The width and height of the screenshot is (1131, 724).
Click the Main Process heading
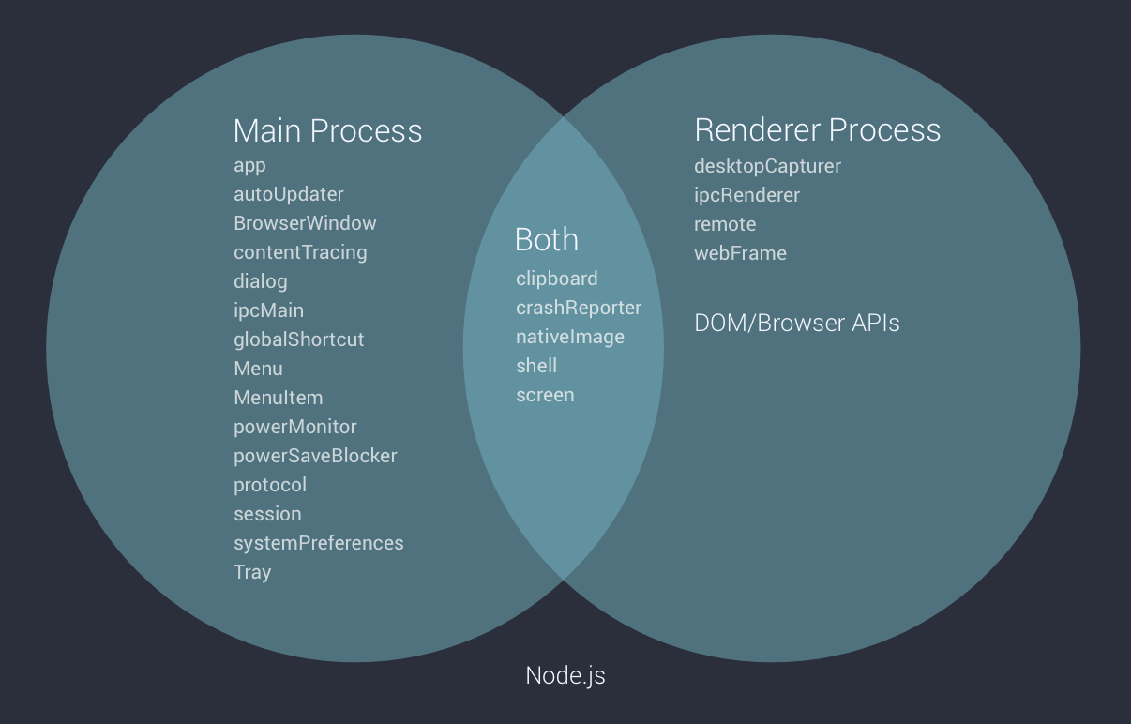pyautogui.click(x=327, y=130)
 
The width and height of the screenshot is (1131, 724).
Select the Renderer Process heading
pyautogui.click(x=817, y=129)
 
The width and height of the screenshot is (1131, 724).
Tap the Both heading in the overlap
pyautogui.click(x=547, y=240)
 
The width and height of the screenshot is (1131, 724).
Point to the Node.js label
pyautogui.click(x=565, y=675)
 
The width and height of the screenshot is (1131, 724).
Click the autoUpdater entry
pyautogui.click(x=289, y=194)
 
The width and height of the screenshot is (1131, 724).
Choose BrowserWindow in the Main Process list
pyautogui.click(x=305, y=223)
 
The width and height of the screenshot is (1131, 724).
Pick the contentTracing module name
pyautogui.click(x=300, y=252)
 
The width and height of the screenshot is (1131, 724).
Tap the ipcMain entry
pyautogui.click(x=268, y=310)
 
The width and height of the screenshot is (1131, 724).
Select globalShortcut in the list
pyautogui.click(x=298, y=339)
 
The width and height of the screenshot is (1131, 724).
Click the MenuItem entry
pyautogui.click(x=278, y=398)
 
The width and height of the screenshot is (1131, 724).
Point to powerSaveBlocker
pyautogui.click(x=315, y=456)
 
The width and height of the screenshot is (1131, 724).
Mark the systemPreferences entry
pyautogui.click(x=318, y=543)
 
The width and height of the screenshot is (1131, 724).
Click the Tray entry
pyautogui.click(x=252, y=572)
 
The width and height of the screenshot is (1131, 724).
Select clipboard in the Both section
pyautogui.click(x=556, y=279)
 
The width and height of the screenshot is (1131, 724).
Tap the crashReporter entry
pyautogui.click(x=579, y=308)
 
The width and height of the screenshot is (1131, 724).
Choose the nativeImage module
pyautogui.click(x=569, y=337)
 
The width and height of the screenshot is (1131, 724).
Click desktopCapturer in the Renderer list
pyautogui.click(x=767, y=166)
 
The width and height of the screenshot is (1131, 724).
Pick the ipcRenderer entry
pyautogui.click(x=746, y=195)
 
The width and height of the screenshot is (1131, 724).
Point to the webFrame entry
pyautogui.click(x=740, y=253)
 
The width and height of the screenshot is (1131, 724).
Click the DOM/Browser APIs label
pyautogui.click(x=796, y=324)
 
